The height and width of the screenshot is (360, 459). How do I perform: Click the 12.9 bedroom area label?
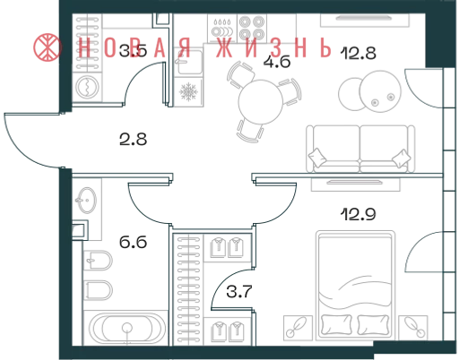tap(359, 214)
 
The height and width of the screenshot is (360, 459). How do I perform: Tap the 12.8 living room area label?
tap(359, 54)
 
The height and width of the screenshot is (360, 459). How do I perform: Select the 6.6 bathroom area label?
tap(133, 242)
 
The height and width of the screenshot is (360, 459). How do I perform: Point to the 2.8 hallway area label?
tap(133, 140)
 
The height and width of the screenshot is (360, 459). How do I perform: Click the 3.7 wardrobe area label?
tap(239, 292)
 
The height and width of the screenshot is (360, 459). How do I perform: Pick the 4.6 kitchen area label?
tap(277, 62)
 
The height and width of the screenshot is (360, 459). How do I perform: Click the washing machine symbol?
tap(87, 87)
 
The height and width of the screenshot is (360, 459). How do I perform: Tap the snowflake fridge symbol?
tap(188, 91)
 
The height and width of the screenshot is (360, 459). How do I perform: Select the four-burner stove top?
tap(252, 29)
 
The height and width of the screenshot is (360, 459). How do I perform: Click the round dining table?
tap(260, 102)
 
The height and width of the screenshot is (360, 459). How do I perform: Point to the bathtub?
tap(127, 328)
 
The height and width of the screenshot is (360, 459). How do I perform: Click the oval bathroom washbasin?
tap(87, 201)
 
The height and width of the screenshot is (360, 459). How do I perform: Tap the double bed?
tap(355, 285)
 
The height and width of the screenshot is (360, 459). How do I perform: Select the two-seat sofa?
tap(360, 149)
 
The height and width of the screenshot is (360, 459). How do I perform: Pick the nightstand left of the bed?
tap(298, 328)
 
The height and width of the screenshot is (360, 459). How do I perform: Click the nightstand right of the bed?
tap(413, 328)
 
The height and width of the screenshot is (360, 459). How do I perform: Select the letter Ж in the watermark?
tap(224, 47)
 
